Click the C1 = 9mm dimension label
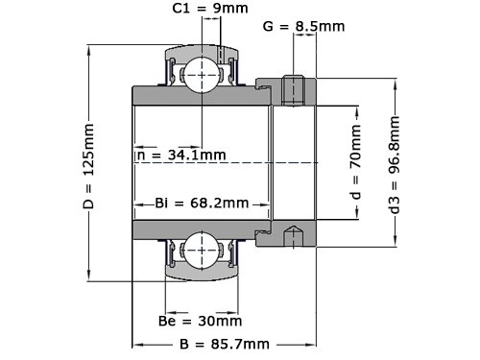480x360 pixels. click(210, 8)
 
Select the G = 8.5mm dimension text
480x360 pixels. click(303, 26)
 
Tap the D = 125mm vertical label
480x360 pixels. click(88, 166)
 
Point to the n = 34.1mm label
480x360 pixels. click(181, 156)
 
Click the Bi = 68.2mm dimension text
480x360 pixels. click(202, 203)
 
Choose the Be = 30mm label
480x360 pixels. click(200, 321)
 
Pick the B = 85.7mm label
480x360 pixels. click(225, 345)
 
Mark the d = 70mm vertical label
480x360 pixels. click(355, 161)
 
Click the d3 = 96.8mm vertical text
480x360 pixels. click(395, 165)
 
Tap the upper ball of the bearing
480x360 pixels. click(202, 75)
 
